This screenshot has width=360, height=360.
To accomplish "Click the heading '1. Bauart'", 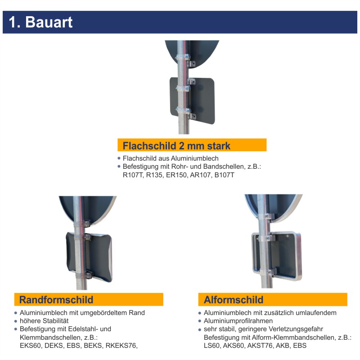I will point(40,22).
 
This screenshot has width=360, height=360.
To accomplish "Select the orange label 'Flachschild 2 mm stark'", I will point(176,145).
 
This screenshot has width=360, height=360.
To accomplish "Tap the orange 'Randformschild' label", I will point(56,300).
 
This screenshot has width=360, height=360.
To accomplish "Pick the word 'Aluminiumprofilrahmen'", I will point(238,321).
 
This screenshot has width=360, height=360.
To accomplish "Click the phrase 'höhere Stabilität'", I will point(44,321).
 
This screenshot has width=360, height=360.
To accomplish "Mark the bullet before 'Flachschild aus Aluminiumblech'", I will point(119,158).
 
